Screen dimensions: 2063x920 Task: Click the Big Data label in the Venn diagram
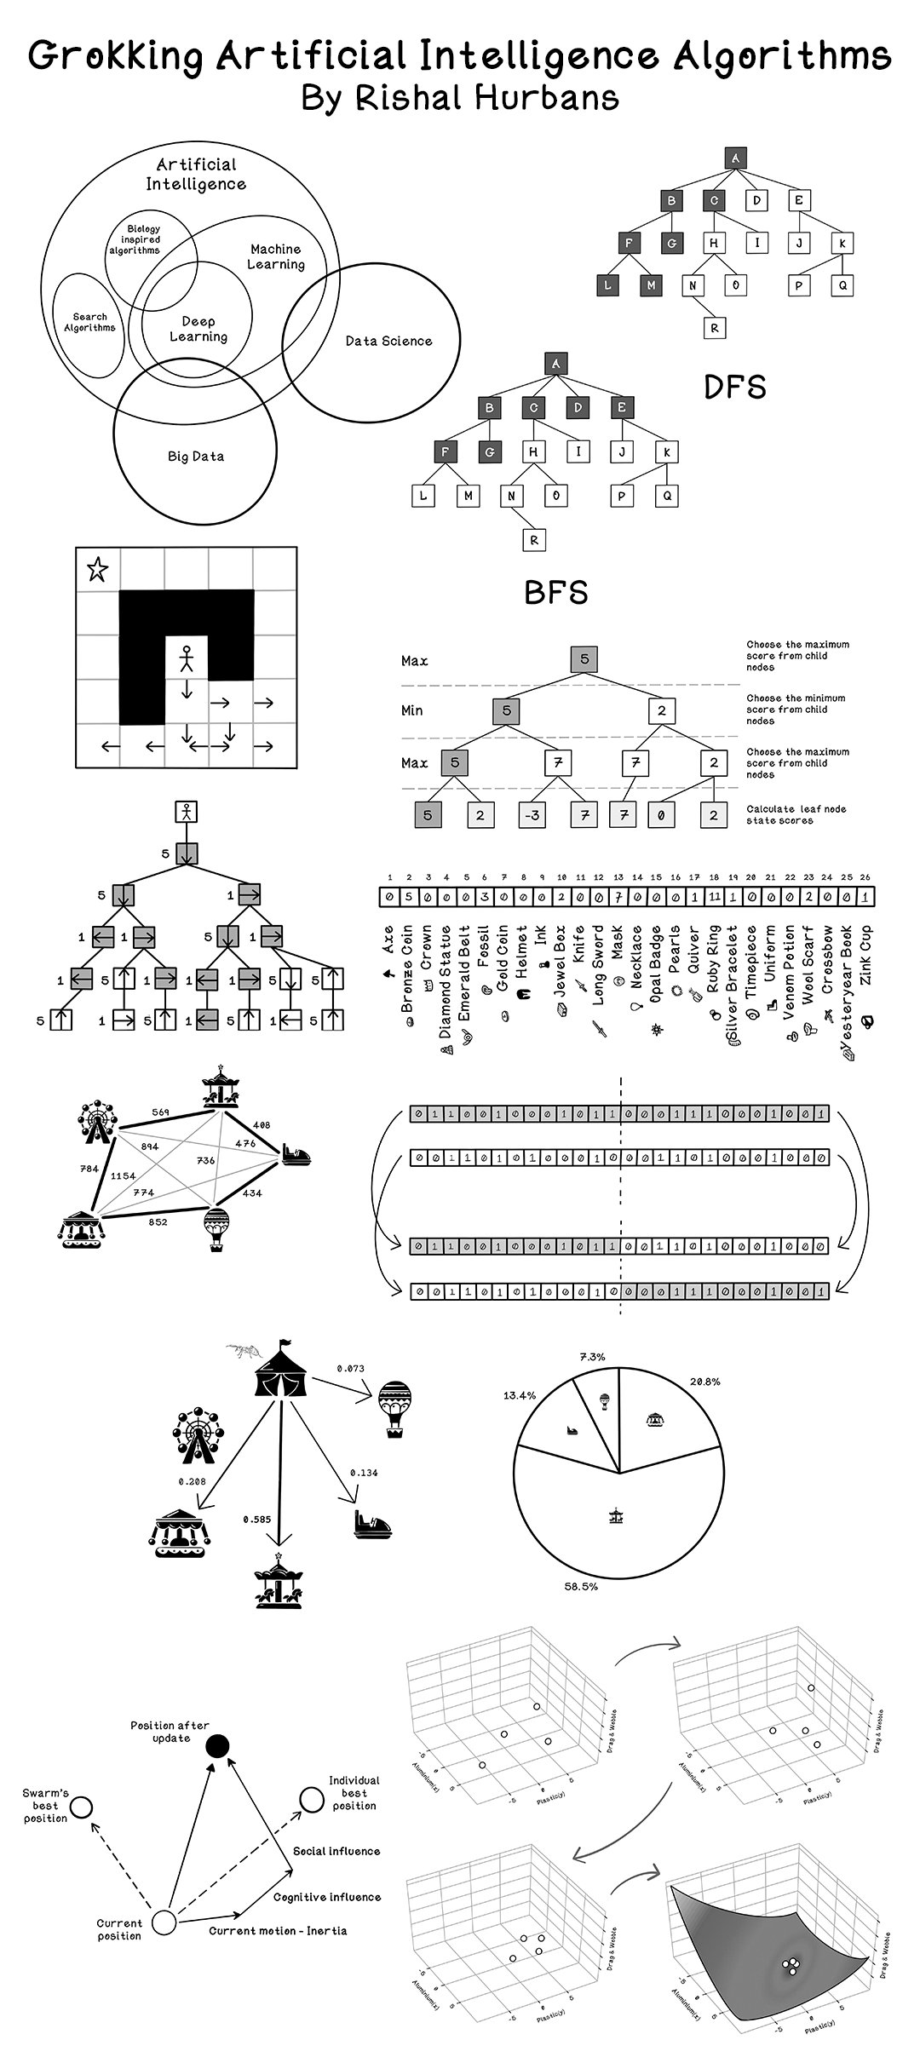pos(196,457)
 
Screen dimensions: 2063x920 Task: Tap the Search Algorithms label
pos(89,322)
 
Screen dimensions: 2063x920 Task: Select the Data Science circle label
pos(388,341)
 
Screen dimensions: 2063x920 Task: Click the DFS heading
pos(734,388)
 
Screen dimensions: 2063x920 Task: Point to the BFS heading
pos(555,593)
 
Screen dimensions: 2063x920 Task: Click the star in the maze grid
pos(98,569)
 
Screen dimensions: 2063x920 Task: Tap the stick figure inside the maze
pos(187,658)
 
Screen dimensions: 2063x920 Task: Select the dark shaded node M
pos(651,285)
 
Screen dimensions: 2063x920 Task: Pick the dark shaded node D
pos(578,408)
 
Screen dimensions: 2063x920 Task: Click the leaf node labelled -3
pos(532,815)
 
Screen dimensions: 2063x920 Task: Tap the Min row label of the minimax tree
pos(411,710)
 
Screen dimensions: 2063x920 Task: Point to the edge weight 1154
pos(123,1175)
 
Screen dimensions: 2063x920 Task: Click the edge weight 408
pos(262,1124)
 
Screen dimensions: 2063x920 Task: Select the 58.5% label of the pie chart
pos(581,1587)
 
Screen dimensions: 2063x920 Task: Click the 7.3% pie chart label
pos(592,1357)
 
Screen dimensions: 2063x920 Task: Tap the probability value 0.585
pos(256,1519)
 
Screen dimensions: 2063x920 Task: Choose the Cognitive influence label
pos(326,1897)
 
